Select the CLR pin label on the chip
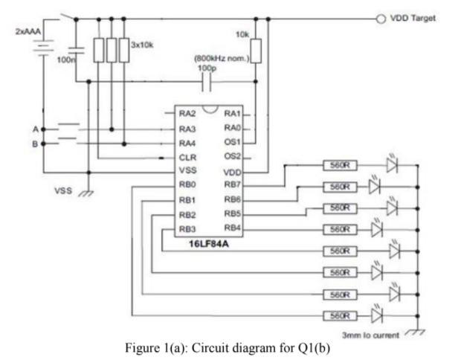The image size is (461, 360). coord(187,157)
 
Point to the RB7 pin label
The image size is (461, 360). coord(230,184)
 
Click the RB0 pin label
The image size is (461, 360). coord(187,184)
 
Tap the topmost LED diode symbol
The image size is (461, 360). coord(391,164)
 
